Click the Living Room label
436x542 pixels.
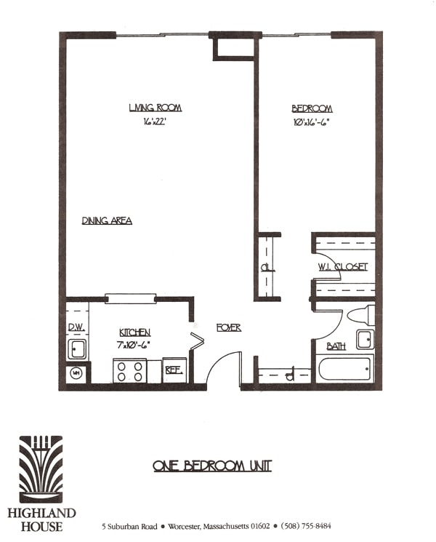155,108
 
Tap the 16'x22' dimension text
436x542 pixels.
155,122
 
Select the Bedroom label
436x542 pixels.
307,108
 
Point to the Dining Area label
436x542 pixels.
107,220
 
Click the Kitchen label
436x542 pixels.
136,332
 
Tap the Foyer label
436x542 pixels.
228,328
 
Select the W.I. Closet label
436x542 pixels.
342,266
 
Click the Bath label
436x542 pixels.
336,346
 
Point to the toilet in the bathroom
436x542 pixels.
362,316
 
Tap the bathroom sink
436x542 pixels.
365,339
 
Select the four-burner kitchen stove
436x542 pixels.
130,370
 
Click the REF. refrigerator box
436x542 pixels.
174,370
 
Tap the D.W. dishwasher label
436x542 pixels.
76,328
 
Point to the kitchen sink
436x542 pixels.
77,348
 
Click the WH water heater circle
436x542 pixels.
76,374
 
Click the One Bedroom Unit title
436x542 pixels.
212,466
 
